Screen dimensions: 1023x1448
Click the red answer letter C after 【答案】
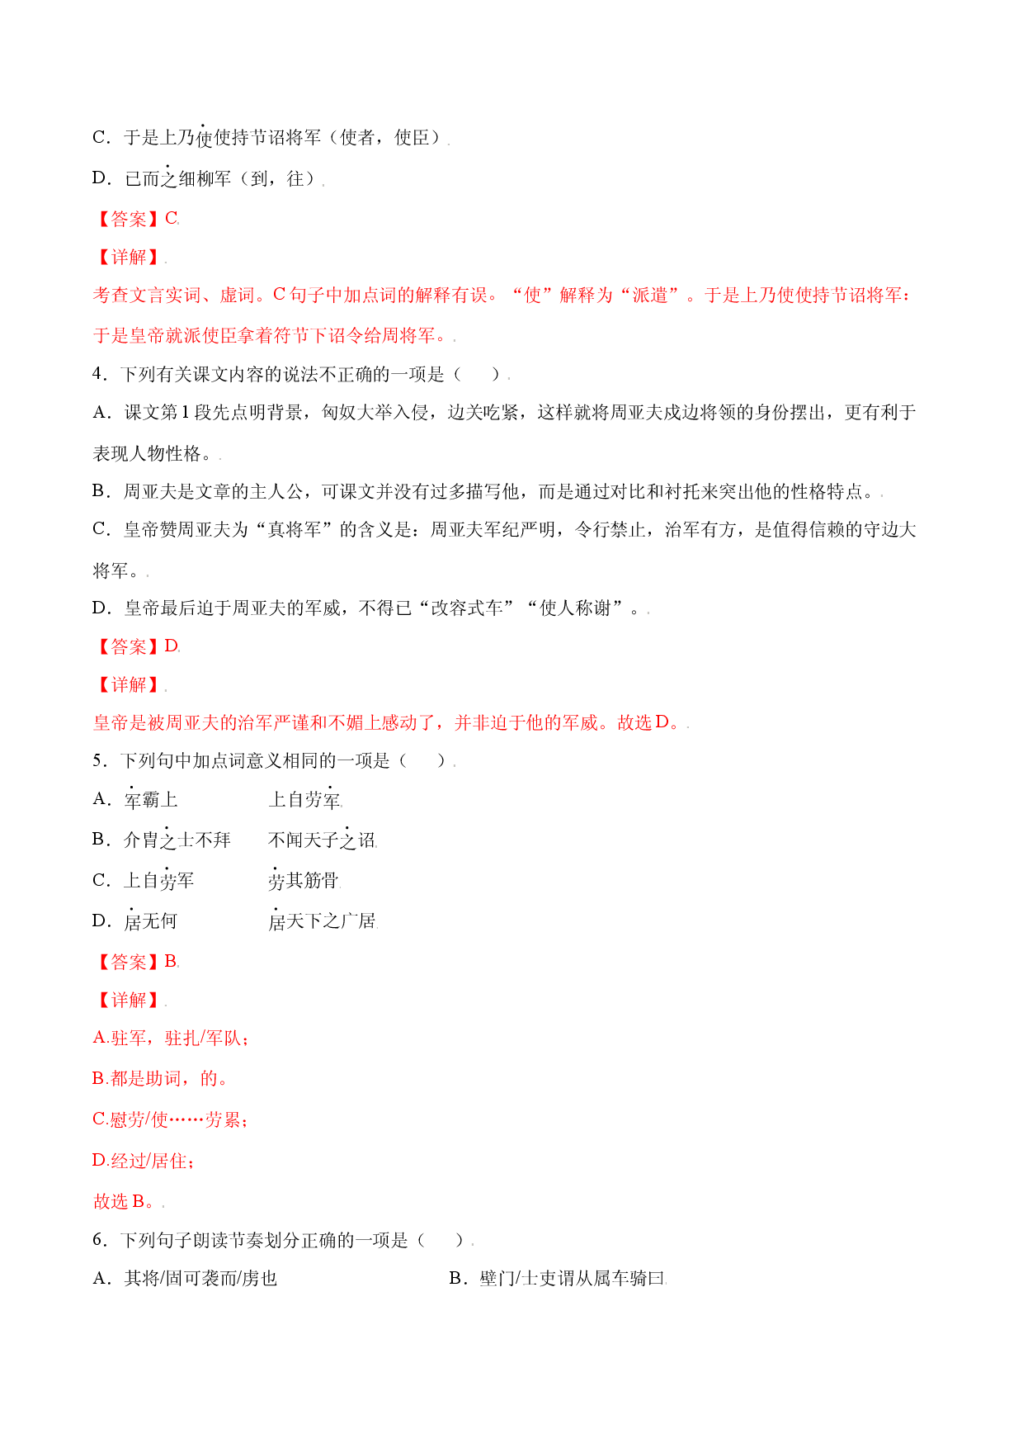point(172,219)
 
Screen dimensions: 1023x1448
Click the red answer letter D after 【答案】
point(172,646)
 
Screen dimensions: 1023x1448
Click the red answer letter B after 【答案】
point(171,961)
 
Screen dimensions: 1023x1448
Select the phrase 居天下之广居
point(323,920)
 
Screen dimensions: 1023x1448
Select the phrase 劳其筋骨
point(304,880)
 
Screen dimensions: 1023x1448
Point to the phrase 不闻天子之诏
point(323,840)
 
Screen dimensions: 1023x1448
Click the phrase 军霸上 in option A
point(151,799)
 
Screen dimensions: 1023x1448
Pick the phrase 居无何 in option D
point(151,920)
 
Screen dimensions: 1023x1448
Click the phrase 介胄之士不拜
point(177,840)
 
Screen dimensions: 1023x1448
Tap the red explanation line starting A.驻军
point(170,1038)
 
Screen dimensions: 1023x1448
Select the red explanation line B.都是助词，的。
point(161,1078)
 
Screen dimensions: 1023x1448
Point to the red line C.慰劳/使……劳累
point(170,1119)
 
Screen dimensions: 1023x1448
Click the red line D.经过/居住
point(144,1161)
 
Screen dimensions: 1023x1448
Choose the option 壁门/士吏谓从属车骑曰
point(558,1279)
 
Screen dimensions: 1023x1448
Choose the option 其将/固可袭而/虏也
point(185,1279)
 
